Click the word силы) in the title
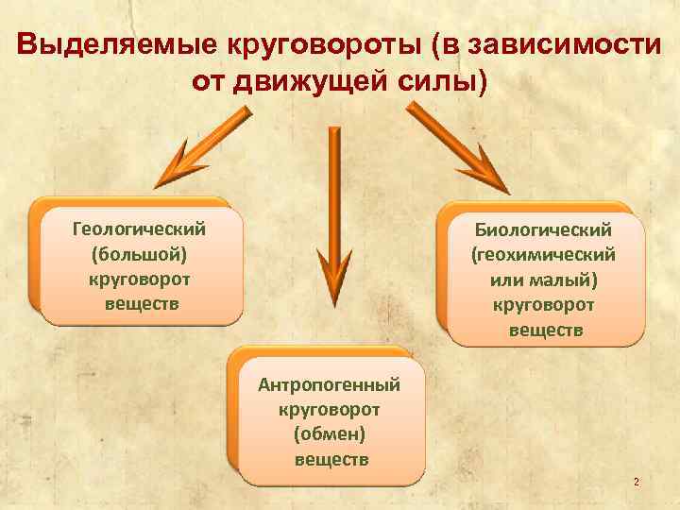pos(446,82)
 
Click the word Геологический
pos(139,229)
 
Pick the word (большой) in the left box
pos(139,254)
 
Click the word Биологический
pos(544,229)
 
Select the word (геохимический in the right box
pos(544,254)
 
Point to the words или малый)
pos(545,280)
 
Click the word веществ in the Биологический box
pos(546,331)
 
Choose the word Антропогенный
pos(331,384)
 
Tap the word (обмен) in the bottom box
pos(331,434)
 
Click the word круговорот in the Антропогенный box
pos(331,409)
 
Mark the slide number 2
pos(636,483)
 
